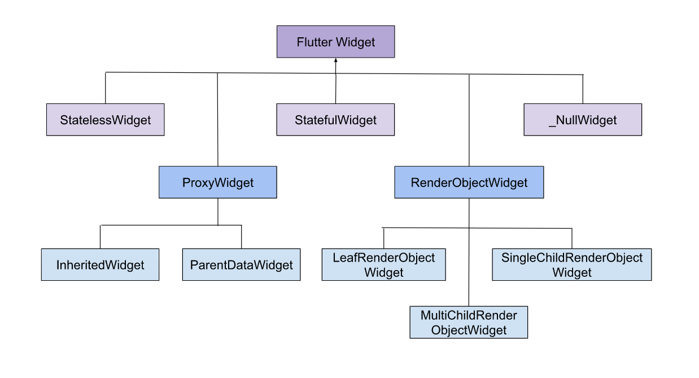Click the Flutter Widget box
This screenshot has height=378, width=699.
(x=335, y=42)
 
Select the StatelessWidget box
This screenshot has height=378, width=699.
(x=105, y=120)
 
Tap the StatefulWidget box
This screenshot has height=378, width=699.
(x=335, y=120)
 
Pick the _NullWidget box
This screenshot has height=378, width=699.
(x=583, y=120)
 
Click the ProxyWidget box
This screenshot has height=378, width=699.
(x=218, y=183)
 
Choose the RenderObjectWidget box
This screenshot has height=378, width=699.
(x=469, y=183)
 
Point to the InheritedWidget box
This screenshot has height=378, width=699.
(x=100, y=265)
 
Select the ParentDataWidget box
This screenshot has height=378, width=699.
(x=241, y=265)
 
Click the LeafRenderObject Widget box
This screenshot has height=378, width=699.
(x=383, y=265)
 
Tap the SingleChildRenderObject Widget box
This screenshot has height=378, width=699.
(x=571, y=265)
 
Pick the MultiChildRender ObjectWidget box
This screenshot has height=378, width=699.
(x=469, y=322)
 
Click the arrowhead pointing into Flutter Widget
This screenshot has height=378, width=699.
(x=336, y=60)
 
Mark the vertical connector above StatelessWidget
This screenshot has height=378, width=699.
(x=106, y=88)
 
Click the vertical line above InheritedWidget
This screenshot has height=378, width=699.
(x=100, y=237)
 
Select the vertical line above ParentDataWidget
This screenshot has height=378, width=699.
(x=241, y=237)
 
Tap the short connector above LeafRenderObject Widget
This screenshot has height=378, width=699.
(x=383, y=238)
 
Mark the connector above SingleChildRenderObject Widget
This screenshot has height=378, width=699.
(x=572, y=238)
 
